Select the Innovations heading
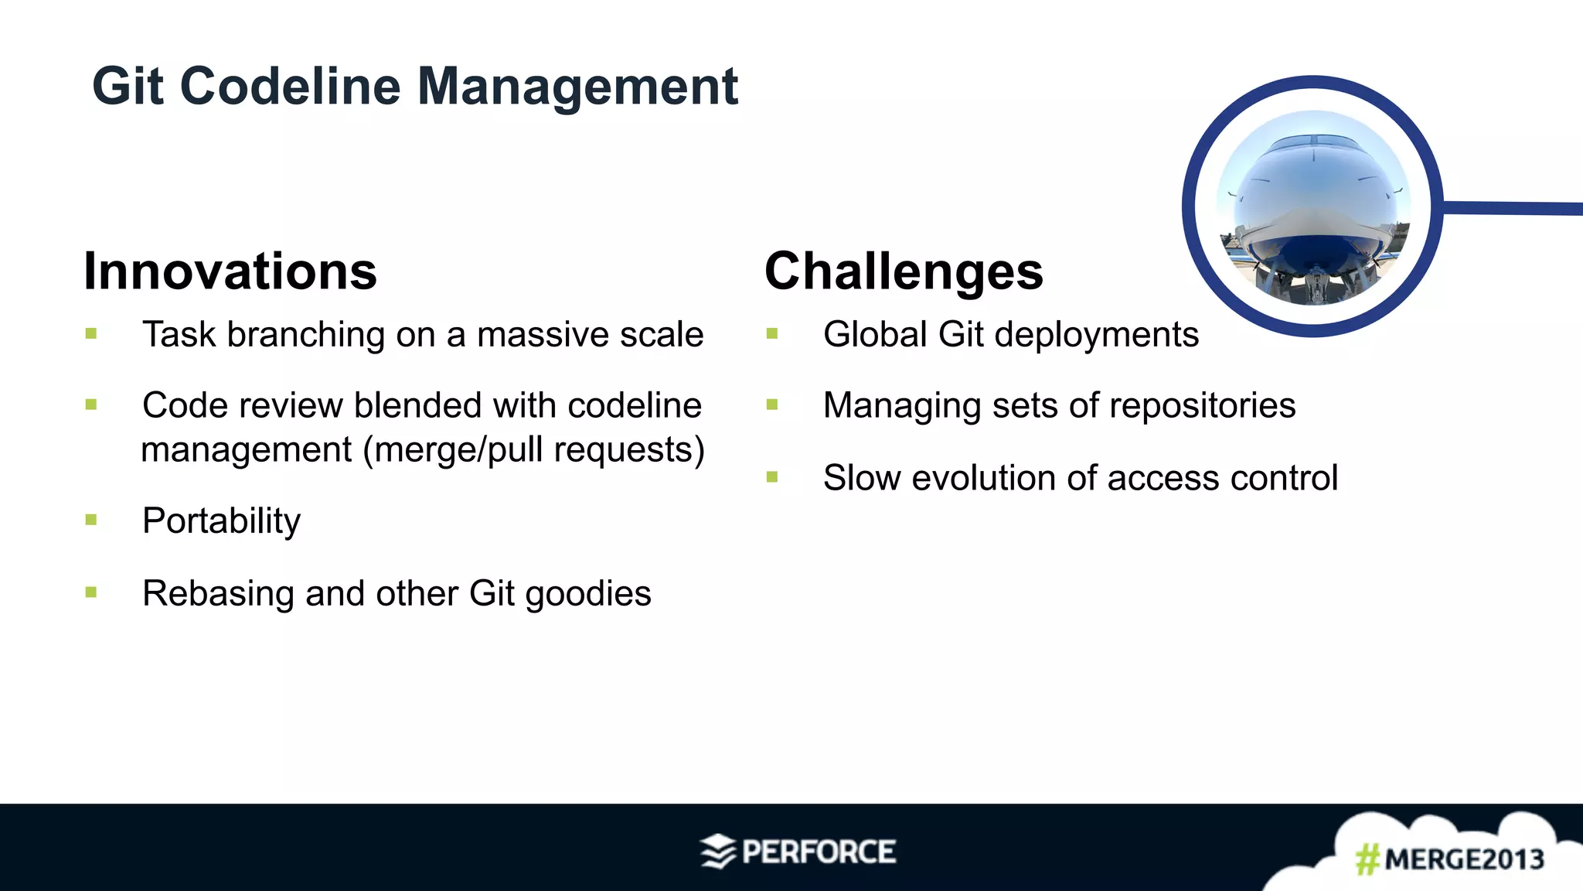pyautogui.click(x=230, y=271)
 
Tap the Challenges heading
pyautogui.click(x=904, y=271)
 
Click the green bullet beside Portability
pyautogui.click(x=91, y=521)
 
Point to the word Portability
pyautogui.click(x=222, y=521)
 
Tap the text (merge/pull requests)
pyautogui.click(x=534, y=450)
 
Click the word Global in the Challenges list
pyautogui.click(x=875, y=335)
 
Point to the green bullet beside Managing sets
pyautogui.click(x=772, y=405)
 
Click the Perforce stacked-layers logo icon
pyautogui.click(x=718, y=852)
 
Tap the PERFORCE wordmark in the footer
pyautogui.click(x=819, y=852)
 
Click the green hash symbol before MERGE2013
pyautogui.click(x=1367, y=859)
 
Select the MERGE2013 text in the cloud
pyautogui.click(x=1464, y=859)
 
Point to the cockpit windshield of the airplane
pyautogui.click(x=1312, y=142)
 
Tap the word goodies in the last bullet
pyautogui.click(x=588, y=594)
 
